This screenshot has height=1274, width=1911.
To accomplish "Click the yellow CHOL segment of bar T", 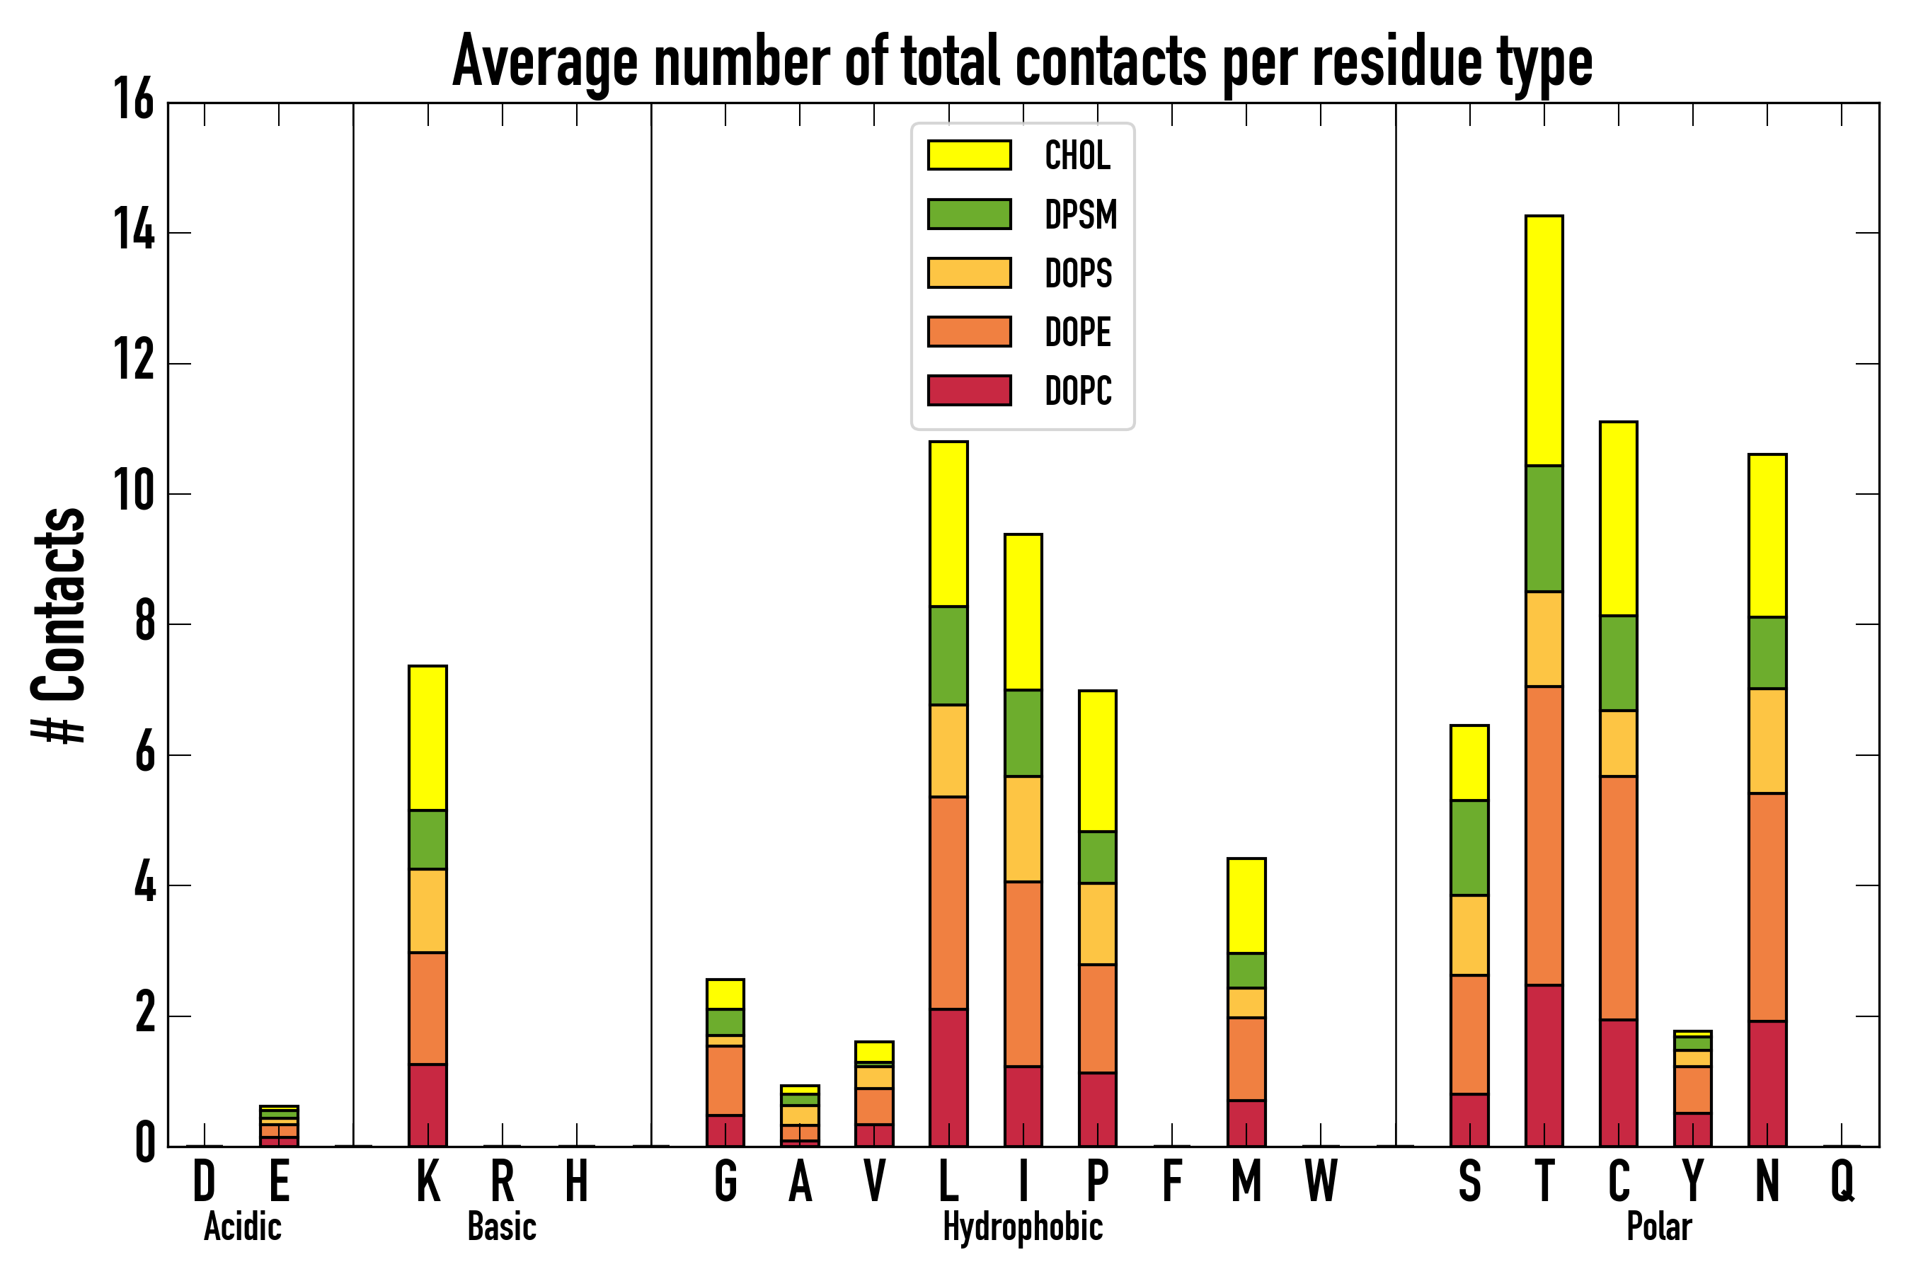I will pos(1544,340).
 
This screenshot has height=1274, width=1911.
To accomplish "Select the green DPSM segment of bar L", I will pos(948,655).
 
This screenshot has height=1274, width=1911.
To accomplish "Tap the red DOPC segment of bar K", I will pos(427,1105).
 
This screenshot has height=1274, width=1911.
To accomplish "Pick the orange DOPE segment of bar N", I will pos(1767,907).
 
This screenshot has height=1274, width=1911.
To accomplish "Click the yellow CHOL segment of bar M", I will pos(1246,906).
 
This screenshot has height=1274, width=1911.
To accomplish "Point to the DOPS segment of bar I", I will pos(1023,829).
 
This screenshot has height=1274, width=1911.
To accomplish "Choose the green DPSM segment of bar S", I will pos(1469,848).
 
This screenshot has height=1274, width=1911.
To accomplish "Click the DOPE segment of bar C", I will pos(1619,897).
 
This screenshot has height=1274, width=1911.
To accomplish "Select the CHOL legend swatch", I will pos(970,155).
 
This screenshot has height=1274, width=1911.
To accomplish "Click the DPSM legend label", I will pos(1081,214).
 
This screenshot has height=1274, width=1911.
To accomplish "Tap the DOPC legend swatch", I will pos(970,390).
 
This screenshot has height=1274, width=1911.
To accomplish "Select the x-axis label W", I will pos(1321,1181).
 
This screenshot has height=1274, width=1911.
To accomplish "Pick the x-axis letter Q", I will pos(1842,1181).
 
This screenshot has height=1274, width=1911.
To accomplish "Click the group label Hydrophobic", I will pos(1023,1227).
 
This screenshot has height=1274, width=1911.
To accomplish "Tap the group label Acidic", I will pos(242,1227).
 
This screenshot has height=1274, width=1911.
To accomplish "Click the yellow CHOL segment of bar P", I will pos(1097,760).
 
